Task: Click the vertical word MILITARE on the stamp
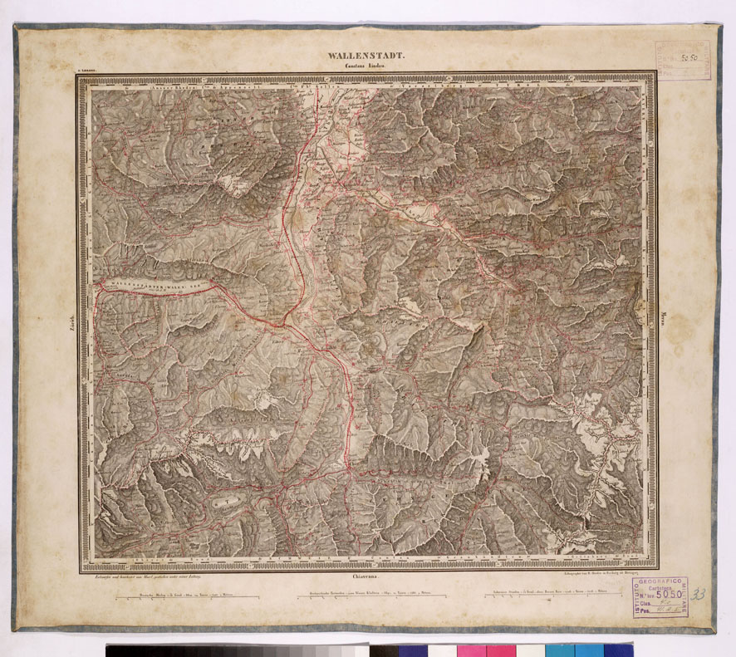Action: [x=684, y=596]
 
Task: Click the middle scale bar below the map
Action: [x=366, y=596]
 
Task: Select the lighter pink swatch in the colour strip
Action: [x=471, y=650]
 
